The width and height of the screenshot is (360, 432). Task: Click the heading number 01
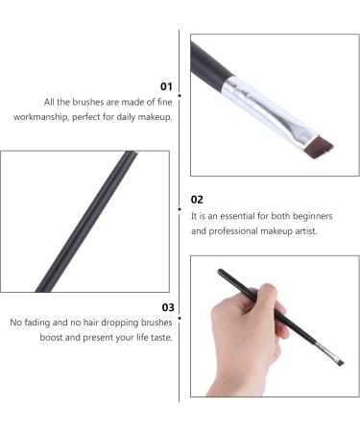pyautogui.click(x=165, y=85)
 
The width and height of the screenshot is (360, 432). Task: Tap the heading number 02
pyautogui.click(x=197, y=200)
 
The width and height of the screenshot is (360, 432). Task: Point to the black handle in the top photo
pyautogui.click(x=206, y=62)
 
